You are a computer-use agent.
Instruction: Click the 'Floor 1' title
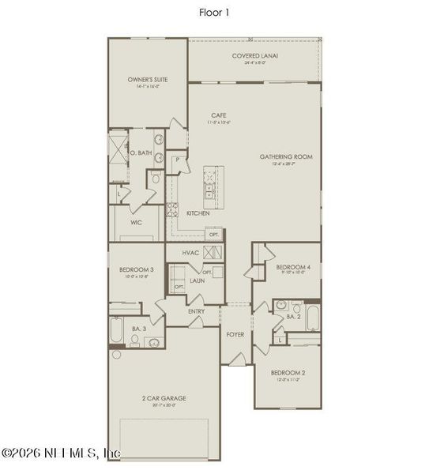coord(214,12)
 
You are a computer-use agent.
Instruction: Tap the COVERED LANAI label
coord(254,56)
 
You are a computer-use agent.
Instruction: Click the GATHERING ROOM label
coord(286,157)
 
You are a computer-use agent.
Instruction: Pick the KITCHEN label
coord(198,213)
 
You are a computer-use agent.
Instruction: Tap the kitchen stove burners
coord(172,210)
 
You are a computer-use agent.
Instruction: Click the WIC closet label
coord(136,223)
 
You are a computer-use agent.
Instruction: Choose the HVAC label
coord(190,253)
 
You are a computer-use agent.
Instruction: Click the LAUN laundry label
coord(197,280)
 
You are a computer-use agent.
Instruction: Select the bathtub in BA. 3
coord(115,332)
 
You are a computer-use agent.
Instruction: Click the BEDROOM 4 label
coord(292,268)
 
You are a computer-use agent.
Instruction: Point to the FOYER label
coord(235,334)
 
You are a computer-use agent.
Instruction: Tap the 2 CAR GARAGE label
coord(165,398)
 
